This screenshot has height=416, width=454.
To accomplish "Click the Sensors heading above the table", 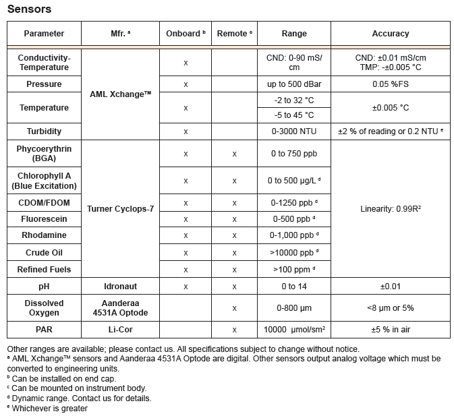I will (x=29, y=9).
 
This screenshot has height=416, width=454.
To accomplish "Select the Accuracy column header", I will (x=390, y=34).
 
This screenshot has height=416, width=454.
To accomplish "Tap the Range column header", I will (x=293, y=34).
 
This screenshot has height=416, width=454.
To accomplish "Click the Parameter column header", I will (x=44, y=34).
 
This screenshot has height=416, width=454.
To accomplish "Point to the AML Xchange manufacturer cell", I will (x=120, y=94).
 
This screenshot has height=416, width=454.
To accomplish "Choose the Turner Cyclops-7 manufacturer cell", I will (x=120, y=209).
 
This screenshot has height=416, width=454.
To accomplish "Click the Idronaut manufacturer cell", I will (x=120, y=287).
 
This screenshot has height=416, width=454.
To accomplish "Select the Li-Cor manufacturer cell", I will (x=120, y=330).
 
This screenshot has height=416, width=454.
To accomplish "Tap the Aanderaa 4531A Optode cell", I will (x=120, y=308).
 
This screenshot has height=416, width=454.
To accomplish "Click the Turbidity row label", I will (x=44, y=131).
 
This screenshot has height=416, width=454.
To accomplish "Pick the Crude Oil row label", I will (x=44, y=253).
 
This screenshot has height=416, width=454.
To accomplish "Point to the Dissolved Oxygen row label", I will (x=44, y=308).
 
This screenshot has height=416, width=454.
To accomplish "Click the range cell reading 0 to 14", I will (x=293, y=287).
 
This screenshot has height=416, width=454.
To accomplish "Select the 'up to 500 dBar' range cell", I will (x=293, y=84).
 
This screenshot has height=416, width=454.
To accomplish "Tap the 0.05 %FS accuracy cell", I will (x=390, y=84).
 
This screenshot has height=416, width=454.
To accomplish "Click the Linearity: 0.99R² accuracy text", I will (x=390, y=209).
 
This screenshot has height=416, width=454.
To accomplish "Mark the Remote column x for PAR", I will (x=234, y=330).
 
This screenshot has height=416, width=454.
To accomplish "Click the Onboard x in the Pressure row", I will (x=186, y=84).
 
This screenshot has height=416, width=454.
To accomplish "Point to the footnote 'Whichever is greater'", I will (x=49, y=408).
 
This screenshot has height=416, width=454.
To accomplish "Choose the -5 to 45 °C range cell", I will (x=293, y=115).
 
